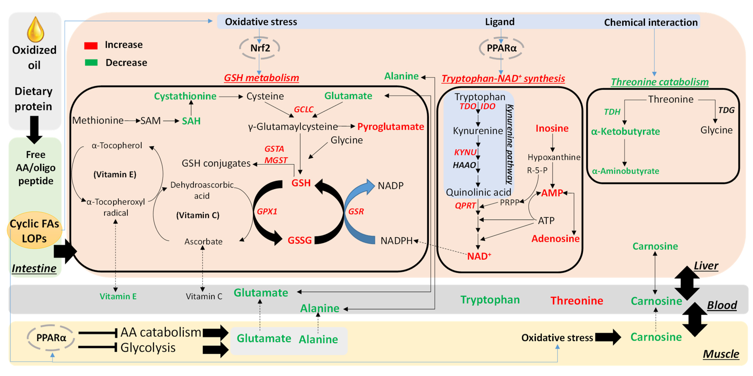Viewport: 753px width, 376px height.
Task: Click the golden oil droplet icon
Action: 35,30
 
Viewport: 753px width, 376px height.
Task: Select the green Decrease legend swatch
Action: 91,63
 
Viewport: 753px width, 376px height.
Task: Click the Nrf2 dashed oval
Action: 260,48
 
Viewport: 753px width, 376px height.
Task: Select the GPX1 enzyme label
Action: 267,211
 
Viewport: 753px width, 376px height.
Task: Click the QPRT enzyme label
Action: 465,206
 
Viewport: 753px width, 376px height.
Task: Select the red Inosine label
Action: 552,128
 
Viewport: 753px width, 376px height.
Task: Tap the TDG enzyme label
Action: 726,110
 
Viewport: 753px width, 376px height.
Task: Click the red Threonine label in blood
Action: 576,300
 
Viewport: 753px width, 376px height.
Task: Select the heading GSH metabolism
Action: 261,78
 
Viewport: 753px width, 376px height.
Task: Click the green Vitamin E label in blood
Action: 118,297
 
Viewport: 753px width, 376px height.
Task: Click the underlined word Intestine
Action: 34,268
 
